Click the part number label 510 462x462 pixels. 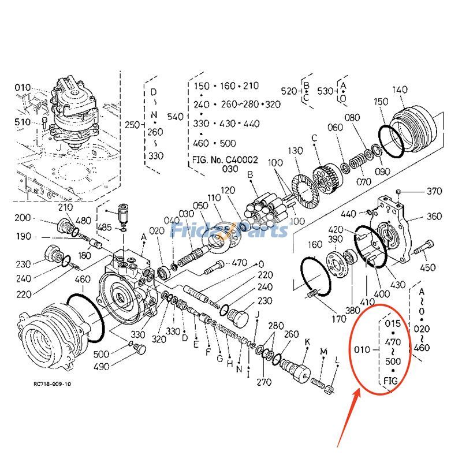tap(23, 122)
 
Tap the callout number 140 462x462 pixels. tap(399, 90)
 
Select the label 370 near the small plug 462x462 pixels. tap(434, 191)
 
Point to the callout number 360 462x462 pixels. tap(434, 217)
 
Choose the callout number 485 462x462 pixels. tap(105, 228)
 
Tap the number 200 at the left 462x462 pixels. tap(23, 218)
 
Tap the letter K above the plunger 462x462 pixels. tap(306, 342)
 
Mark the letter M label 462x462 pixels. tap(323, 352)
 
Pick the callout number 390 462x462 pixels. tap(336, 239)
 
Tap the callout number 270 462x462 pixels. tap(263, 382)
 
